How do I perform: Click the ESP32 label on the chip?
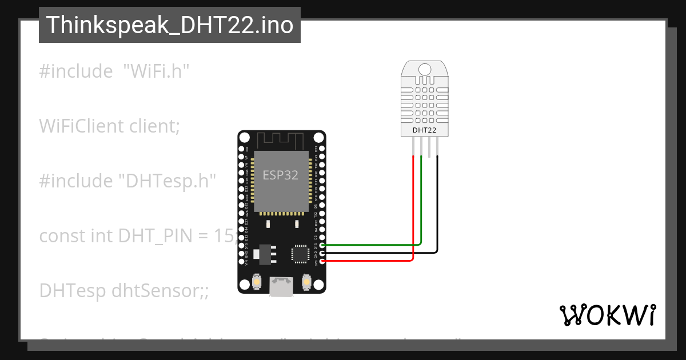pos(280,175)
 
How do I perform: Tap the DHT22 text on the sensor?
pos(424,130)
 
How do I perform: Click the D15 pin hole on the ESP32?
pos(322,245)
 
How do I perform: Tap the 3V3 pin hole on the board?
pos(322,261)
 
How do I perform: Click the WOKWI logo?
pos(607,315)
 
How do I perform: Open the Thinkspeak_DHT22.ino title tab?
pos(170,25)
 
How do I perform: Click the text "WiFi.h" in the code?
pos(156,71)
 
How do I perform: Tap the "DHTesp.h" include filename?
pos(167,181)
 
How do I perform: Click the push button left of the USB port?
pos(257,282)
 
